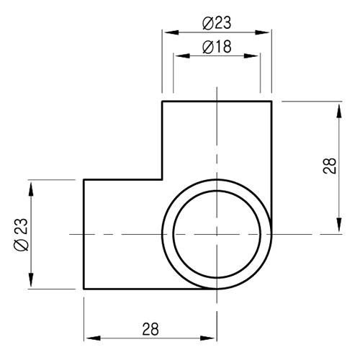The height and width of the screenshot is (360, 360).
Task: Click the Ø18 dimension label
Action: click(217, 47)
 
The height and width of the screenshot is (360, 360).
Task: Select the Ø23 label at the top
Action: click(217, 24)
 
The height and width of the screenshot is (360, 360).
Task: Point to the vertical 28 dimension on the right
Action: click(330, 168)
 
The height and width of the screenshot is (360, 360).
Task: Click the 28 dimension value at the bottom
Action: click(150, 329)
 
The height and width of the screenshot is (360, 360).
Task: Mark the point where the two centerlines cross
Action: click(217, 234)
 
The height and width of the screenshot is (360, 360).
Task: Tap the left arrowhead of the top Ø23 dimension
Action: click(166, 32)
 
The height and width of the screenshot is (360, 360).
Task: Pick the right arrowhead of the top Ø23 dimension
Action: click(267, 32)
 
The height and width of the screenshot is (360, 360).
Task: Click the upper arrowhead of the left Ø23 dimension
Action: click(30, 184)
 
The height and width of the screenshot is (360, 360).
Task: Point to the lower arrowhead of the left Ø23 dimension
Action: click(30, 284)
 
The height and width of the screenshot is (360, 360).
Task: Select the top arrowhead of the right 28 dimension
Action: click(338, 106)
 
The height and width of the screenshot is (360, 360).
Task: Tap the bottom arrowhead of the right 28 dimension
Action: click(338, 230)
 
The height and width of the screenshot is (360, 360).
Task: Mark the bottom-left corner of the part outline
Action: click(84, 289)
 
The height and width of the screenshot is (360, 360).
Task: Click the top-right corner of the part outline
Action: click(271, 102)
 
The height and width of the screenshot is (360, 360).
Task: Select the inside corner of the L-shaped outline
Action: click(161, 179)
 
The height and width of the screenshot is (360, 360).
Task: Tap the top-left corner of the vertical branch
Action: click(161, 102)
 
